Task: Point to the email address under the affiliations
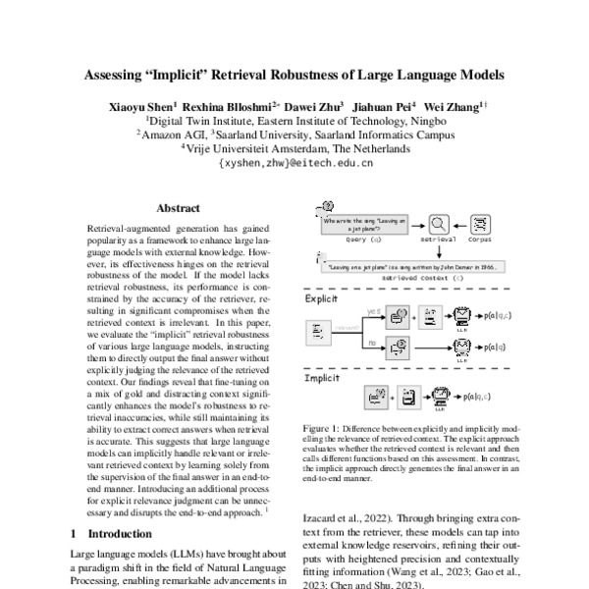tap(294, 165)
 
